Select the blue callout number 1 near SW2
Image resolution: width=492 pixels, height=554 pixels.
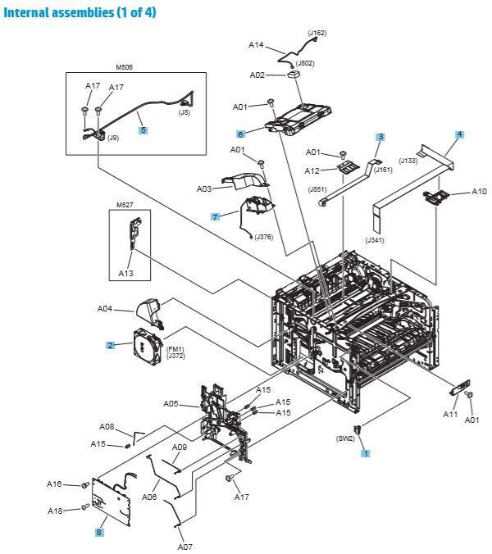366,452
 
